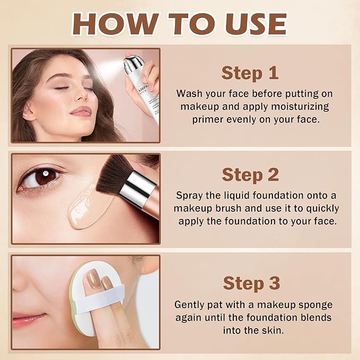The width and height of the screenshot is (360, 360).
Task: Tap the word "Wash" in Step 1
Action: (x=189, y=93)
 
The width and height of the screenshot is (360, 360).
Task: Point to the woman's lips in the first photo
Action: (x=81, y=111)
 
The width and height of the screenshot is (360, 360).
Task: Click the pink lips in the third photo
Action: (x=27, y=320)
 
